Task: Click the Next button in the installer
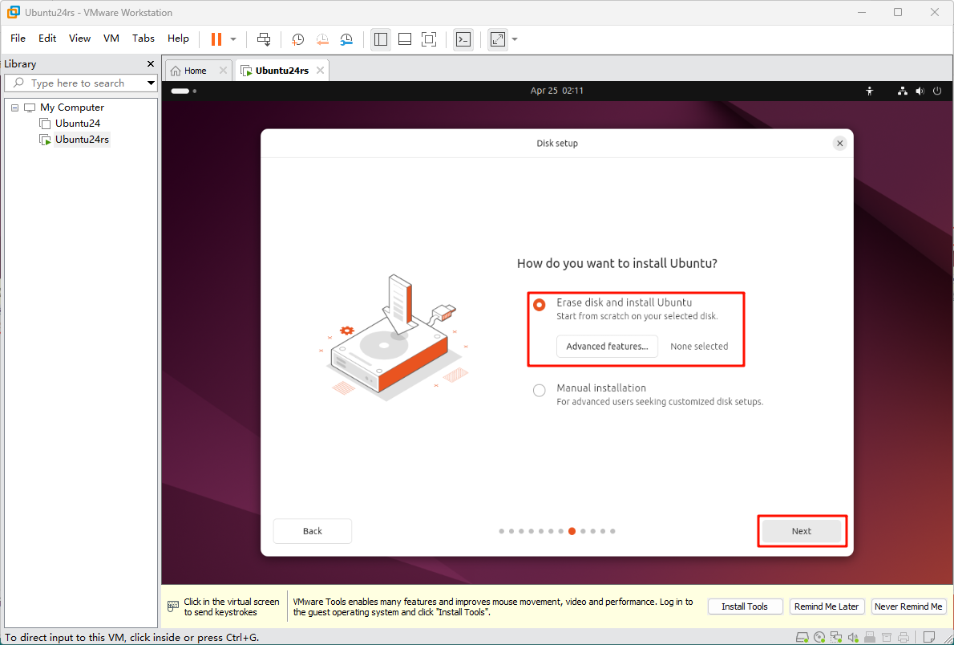[x=802, y=531]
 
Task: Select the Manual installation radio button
[x=539, y=391]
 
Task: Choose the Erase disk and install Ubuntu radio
[x=539, y=305]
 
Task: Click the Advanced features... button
[x=607, y=346]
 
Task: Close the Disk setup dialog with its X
[x=839, y=143]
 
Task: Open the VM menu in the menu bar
[x=111, y=39]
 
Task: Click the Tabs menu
[x=144, y=39]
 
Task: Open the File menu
[x=18, y=39]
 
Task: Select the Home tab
[x=196, y=71]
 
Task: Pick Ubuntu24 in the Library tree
[x=78, y=123]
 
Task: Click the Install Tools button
[x=744, y=606]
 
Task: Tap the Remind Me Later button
[x=827, y=606]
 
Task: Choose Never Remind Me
[x=908, y=606]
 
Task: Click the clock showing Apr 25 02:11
[x=556, y=91]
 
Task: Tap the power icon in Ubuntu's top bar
[x=937, y=91]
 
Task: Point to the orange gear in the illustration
[x=347, y=331]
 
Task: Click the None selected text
[x=699, y=346]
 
